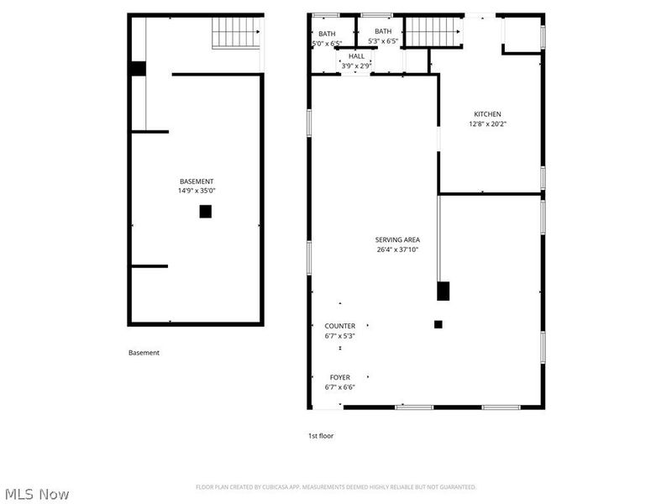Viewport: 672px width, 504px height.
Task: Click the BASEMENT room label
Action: (x=197, y=181)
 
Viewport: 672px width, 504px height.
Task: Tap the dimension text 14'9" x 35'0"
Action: (x=197, y=191)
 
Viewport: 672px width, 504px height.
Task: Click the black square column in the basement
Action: (x=205, y=212)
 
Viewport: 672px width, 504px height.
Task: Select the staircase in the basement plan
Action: (x=235, y=34)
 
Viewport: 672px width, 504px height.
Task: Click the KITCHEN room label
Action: (x=487, y=114)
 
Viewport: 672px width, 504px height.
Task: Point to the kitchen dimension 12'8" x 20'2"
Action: (x=487, y=123)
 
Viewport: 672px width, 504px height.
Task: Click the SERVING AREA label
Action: (x=397, y=239)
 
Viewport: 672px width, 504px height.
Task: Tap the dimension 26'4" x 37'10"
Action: (x=397, y=249)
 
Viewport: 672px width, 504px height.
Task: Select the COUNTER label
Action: (x=339, y=326)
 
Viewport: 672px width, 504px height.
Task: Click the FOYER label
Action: (x=339, y=377)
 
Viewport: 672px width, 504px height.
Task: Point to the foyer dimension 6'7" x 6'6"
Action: (x=339, y=387)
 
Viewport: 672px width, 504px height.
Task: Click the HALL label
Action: (x=357, y=55)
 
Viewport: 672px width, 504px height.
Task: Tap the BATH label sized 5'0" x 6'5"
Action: (x=327, y=33)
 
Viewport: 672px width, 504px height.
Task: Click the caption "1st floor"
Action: (x=320, y=436)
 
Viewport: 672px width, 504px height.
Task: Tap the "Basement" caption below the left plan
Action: (x=144, y=353)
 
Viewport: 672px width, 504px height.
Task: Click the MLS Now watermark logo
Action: (x=37, y=494)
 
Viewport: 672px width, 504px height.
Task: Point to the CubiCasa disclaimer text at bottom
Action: (x=336, y=487)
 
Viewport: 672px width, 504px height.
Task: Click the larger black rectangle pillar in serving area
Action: (x=444, y=291)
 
